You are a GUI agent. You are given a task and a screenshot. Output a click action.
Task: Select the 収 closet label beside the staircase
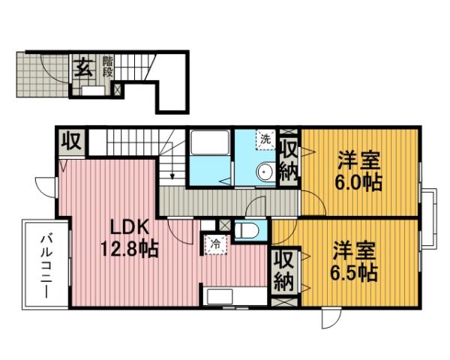[72, 141]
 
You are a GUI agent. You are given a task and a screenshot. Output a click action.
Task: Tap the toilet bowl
[248, 229]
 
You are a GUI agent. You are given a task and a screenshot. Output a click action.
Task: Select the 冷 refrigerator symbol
[214, 244]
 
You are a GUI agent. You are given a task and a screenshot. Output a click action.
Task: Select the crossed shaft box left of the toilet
[225, 224]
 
